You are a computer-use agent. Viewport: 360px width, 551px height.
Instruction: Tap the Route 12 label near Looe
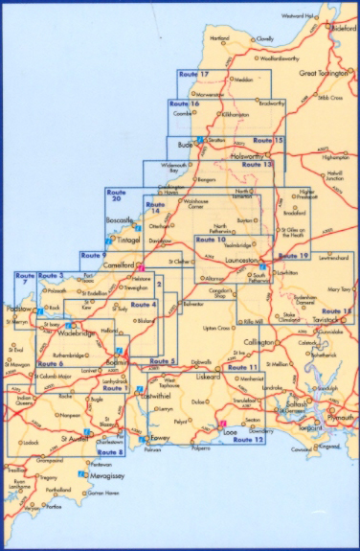pyautogui.click(x=247, y=439)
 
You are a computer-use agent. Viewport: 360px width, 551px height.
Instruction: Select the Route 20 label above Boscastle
pyautogui.click(x=116, y=195)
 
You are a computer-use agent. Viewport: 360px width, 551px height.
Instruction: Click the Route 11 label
pyautogui.click(x=245, y=368)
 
